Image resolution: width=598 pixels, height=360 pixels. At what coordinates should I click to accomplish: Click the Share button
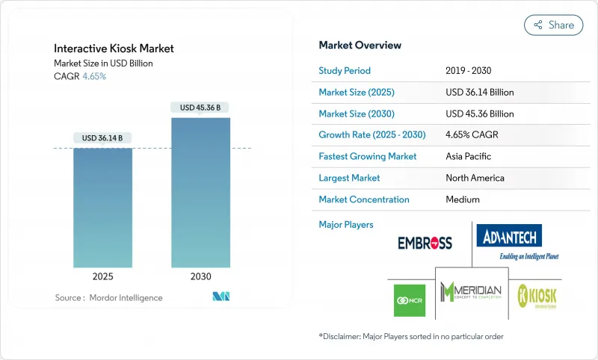click(x=554, y=25)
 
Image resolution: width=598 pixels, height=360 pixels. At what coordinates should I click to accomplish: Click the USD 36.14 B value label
click(x=102, y=138)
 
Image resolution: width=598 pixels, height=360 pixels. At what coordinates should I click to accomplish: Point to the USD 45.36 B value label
click(x=200, y=108)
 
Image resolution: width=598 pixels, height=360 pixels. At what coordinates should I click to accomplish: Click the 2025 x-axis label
click(x=102, y=276)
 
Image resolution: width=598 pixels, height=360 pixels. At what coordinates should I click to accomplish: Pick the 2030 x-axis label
click(x=200, y=276)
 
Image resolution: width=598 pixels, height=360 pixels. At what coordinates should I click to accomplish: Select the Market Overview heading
click(x=360, y=45)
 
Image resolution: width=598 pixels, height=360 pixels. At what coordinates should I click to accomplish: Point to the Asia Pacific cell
click(x=468, y=157)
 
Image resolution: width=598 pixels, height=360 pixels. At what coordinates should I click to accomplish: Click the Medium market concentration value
click(x=462, y=199)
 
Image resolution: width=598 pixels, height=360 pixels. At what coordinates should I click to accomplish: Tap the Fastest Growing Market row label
click(x=367, y=157)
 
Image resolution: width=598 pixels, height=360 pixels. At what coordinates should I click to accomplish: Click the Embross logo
click(x=425, y=243)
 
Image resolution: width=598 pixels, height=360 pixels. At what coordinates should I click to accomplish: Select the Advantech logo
click(x=509, y=239)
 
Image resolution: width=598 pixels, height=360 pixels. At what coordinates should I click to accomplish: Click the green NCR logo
click(x=409, y=300)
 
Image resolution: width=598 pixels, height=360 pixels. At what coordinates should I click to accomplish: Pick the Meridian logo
click(x=471, y=291)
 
